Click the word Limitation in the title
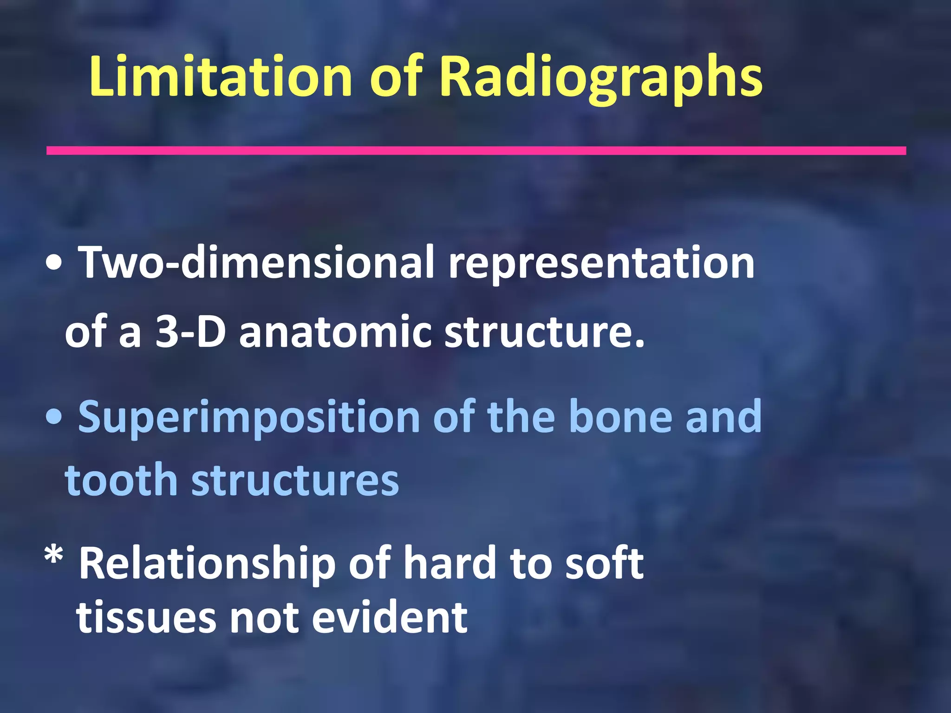[x=221, y=77]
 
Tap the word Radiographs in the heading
[x=601, y=77]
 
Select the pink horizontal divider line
[x=476, y=150]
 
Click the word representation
[x=601, y=264]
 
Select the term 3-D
[x=190, y=331]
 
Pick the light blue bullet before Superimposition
[x=54, y=418]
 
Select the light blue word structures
[x=295, y=480]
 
